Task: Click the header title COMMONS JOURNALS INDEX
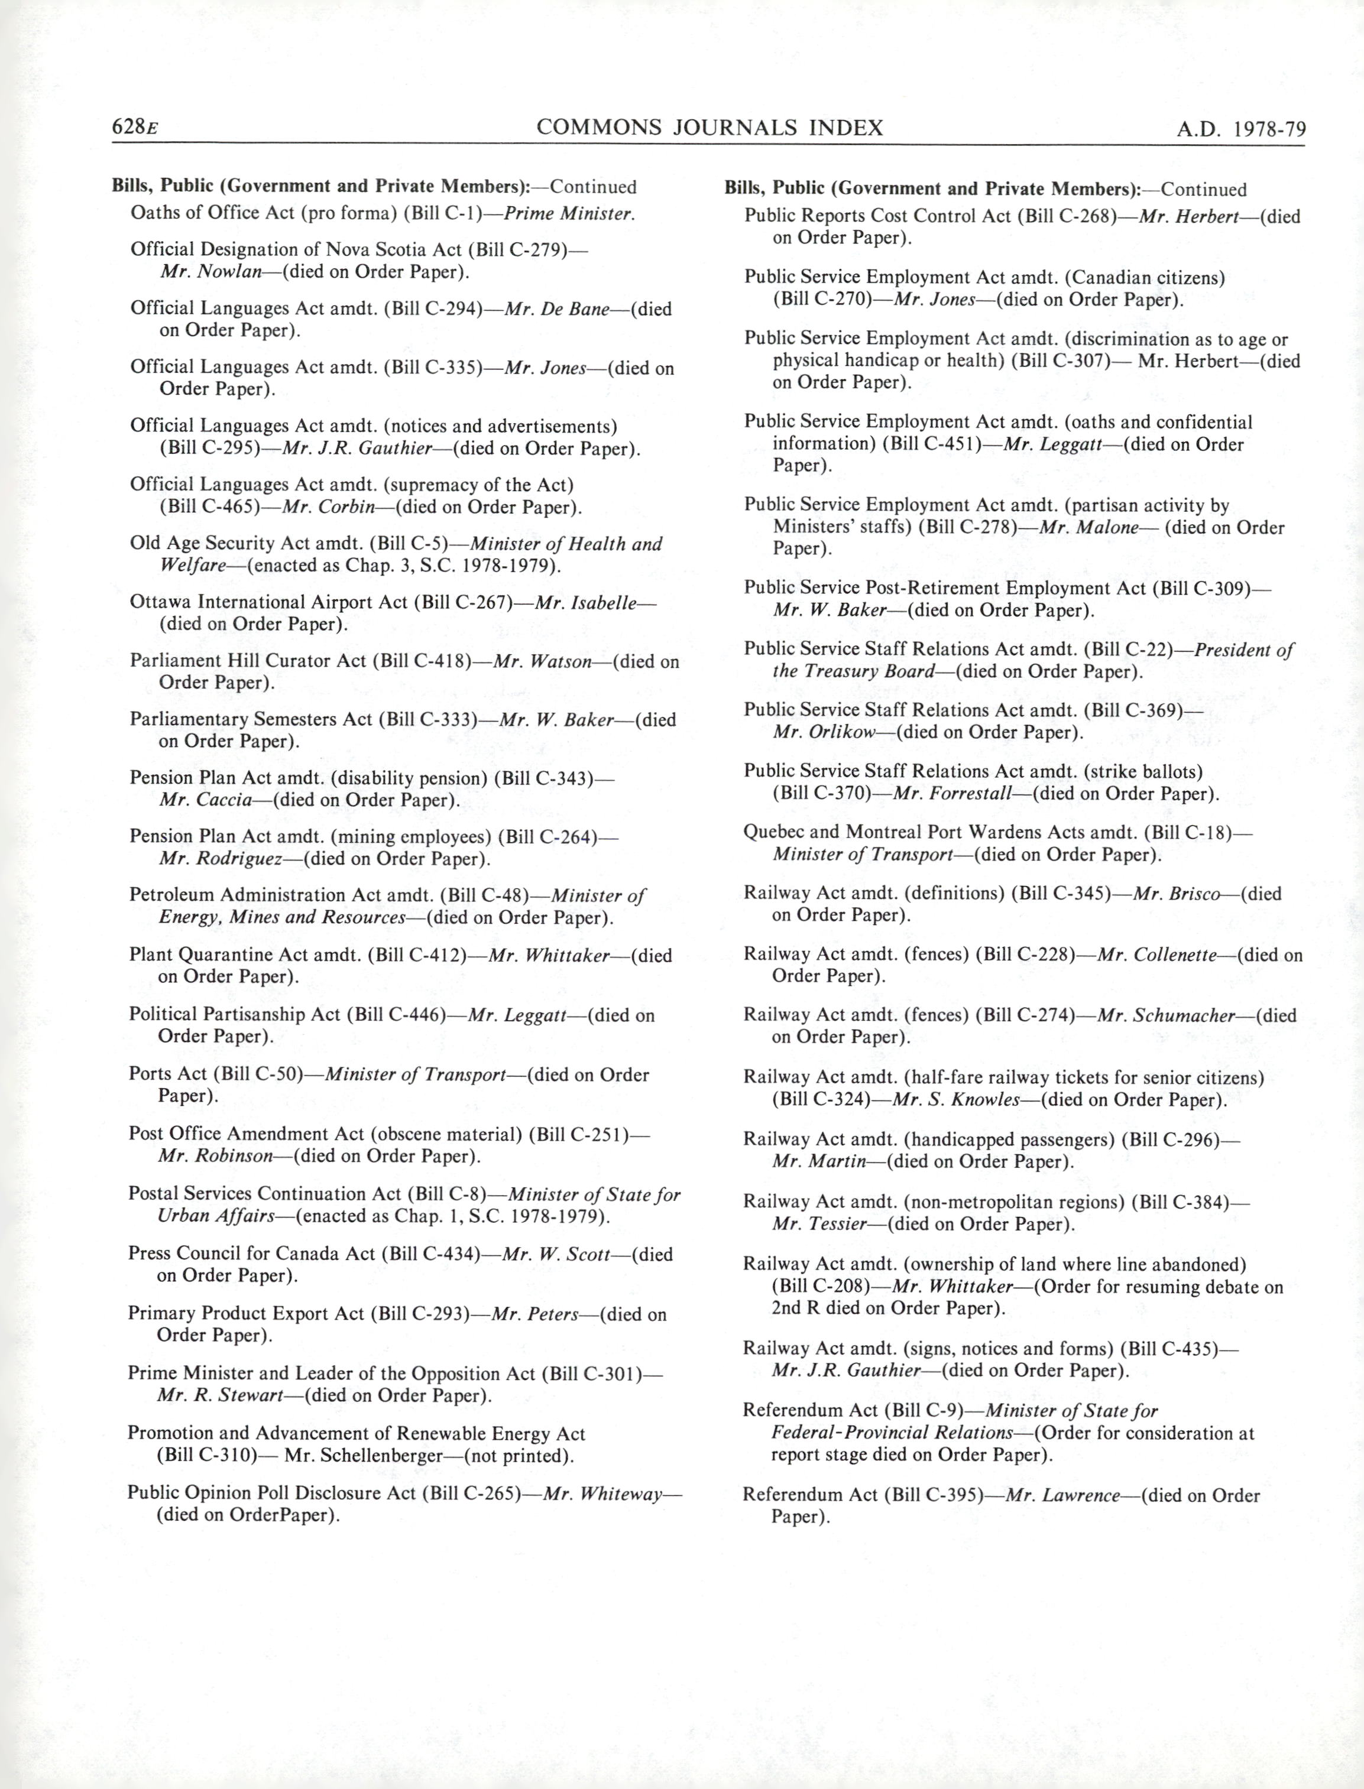709,128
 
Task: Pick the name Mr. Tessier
820,1224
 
